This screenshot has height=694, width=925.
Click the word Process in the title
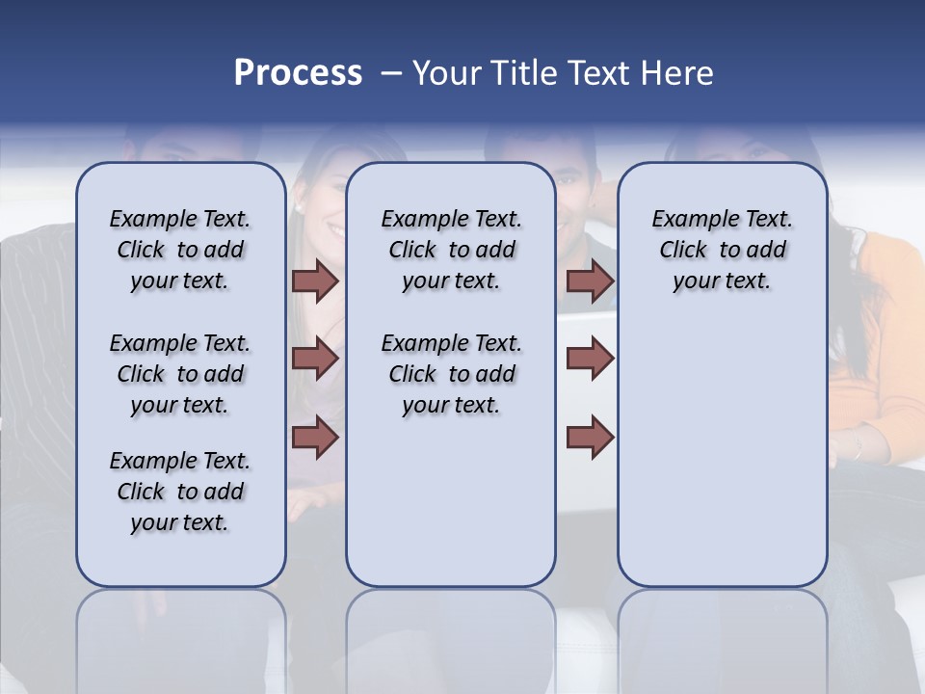[x=298, y=73]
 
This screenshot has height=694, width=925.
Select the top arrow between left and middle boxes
[x=315, y=280]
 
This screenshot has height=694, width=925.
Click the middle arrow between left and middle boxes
[x=315, y=359]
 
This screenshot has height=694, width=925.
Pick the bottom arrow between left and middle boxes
[x=315, y=437]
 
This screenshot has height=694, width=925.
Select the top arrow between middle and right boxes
[x=590, y=280]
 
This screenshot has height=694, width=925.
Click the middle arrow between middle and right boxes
[x=590, y=359]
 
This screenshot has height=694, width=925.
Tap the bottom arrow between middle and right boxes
[x=590, y=437]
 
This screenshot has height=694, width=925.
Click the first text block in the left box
[x=180, y=250]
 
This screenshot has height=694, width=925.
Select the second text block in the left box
[x=180, y=374]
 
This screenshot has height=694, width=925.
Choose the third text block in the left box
[x=180, y=492]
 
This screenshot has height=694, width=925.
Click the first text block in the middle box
[x=451, y=250]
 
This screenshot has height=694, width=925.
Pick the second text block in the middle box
[x=451, y=374]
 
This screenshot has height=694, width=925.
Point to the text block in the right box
[x=722, y=250]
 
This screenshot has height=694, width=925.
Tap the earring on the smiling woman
[x=300, y=207]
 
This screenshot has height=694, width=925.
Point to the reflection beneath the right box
[x=722, y=636]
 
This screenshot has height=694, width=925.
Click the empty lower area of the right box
[x=722, y=463]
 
